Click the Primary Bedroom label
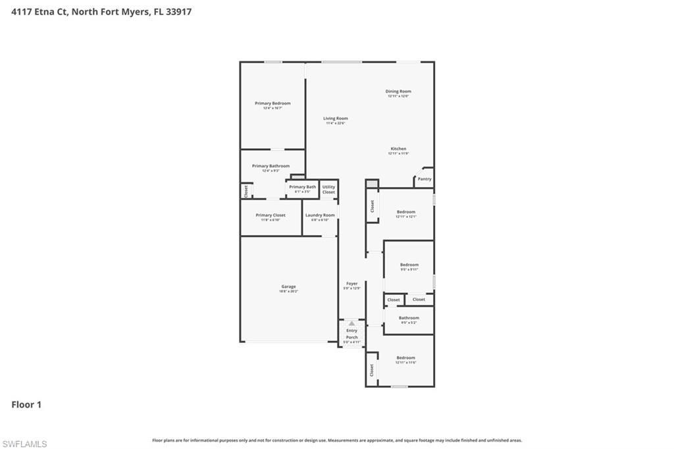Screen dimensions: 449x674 pos(272,103)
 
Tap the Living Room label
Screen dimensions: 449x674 pos(335,119)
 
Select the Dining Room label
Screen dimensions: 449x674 pos(398,92)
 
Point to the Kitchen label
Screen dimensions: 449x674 pos(398,149)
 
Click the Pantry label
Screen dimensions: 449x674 pos(425,179)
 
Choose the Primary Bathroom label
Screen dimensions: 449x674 pos(271,166)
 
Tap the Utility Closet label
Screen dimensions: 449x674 pos(328,189)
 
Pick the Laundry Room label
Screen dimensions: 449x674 pos(320,215)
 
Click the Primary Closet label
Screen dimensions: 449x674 pos(271,215)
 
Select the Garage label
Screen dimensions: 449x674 pos(288,286)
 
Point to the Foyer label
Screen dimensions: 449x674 pos(351,284)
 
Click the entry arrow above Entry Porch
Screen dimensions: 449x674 pos(351,323)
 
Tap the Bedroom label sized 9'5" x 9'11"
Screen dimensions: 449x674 pos(409,265)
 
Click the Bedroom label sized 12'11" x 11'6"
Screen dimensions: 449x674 pos(405,357)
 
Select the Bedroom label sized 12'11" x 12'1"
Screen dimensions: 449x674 pos(405,212)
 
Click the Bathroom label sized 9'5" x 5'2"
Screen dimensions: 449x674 pos(409,318)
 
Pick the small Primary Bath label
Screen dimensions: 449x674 pos(302,187)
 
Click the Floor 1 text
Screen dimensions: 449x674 pos(26,405)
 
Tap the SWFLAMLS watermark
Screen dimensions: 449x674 pos(24,444)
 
